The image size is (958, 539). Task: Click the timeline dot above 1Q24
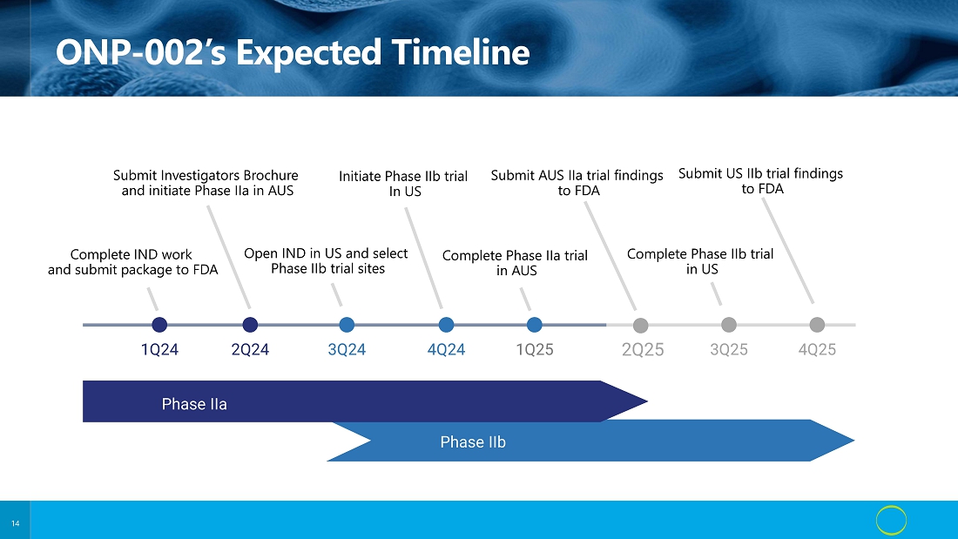pos(159,325)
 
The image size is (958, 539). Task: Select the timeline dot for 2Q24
pos(250,325)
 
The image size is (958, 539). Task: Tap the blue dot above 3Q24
pos(347,325)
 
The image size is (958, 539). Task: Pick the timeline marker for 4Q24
pos(446,325)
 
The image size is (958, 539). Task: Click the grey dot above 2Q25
pos(640,325)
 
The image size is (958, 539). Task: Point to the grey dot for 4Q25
pos(817,325)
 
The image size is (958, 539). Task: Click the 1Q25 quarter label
pos(535,349)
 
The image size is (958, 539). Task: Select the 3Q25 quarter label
pos(729,349)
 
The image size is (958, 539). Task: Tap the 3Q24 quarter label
pos(347,349)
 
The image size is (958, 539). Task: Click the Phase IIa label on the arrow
pos(194,404)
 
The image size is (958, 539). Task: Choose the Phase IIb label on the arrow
pos(473,441)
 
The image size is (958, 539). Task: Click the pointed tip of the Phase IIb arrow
pos(854,440)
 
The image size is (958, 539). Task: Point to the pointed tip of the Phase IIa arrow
pos(647,401)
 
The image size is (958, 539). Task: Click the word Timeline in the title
pos(461,52)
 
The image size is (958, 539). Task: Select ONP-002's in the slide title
pos(141,52)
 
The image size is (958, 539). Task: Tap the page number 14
pos(16,523)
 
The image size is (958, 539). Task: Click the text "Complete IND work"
pos(131,254)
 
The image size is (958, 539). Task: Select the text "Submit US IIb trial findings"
pos(760,173)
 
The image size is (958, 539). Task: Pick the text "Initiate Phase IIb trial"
pos(403,176)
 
